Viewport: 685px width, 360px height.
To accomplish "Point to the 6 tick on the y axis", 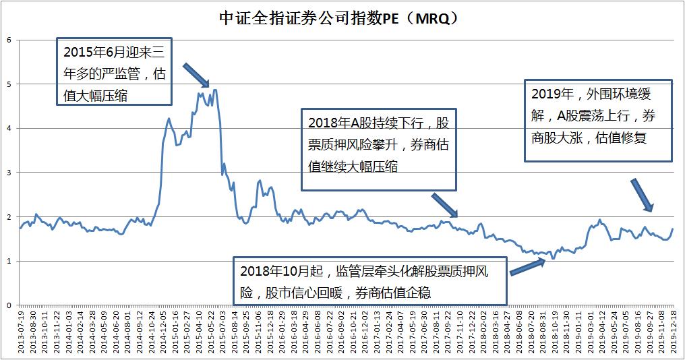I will click(x=9, y=40).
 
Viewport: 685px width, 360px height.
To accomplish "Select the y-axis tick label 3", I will click(x=9, y=173).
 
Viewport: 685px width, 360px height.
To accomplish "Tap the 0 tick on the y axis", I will click(x=9, y=305).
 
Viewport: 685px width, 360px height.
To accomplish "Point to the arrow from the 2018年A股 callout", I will click(x=444, y=205).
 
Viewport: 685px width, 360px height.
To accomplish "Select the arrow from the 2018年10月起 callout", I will click(x=527, y=268).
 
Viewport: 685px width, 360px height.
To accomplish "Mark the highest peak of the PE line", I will click(x=214, y=90).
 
